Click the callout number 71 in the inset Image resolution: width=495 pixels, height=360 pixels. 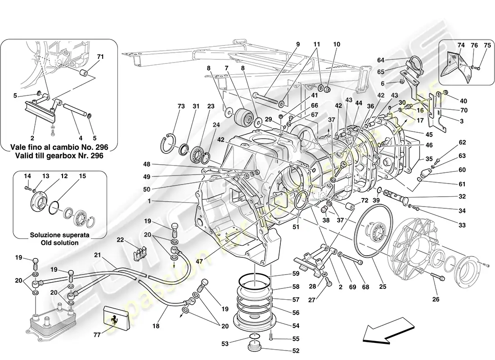tap(100, 57)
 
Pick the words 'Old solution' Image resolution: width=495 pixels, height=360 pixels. tap(60, 243)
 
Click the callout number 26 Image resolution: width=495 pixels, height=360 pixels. tap(436, 299)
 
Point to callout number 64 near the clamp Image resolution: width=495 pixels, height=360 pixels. tap(381, 60)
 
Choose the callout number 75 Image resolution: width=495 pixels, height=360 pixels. tap(487, 45)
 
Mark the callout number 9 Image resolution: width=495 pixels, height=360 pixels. tap(297, 44)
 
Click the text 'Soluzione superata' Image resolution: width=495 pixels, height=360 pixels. tap(60, 235)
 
